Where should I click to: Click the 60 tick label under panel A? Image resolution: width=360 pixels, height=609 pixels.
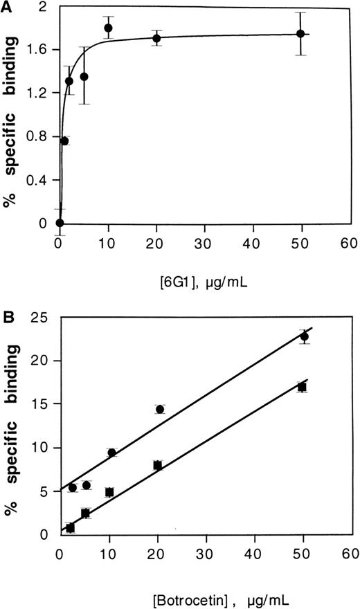click(x=349, y=244)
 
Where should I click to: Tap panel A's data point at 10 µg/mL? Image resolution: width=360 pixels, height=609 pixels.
click(x=109, y=28)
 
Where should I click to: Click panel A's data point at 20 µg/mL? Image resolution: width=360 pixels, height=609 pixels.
click(x=157, y=38)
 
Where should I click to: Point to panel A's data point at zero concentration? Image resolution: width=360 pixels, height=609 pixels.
click(x=60, y=223)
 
